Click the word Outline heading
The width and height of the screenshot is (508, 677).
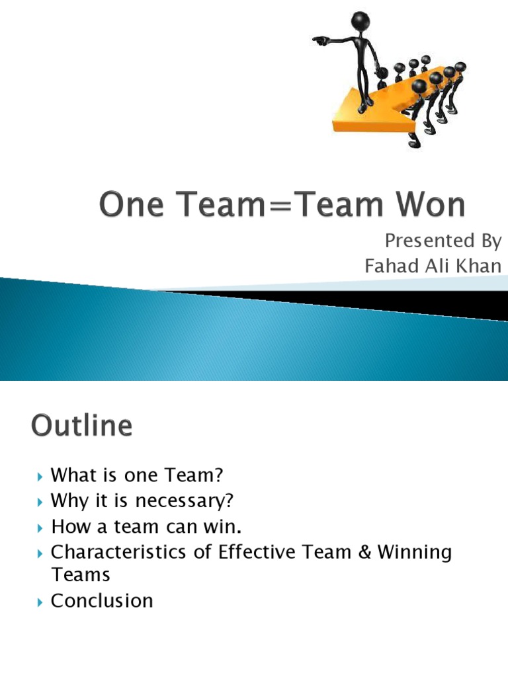point(82,426)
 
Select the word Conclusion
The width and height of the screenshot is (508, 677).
point(102,600)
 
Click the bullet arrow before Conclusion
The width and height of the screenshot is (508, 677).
point(41,602)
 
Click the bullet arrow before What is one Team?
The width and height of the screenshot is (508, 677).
point(41,476)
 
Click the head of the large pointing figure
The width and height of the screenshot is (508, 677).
point(360,20)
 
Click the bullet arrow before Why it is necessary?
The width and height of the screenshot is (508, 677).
point(41,501)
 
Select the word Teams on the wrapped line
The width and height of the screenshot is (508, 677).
point(81,575)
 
